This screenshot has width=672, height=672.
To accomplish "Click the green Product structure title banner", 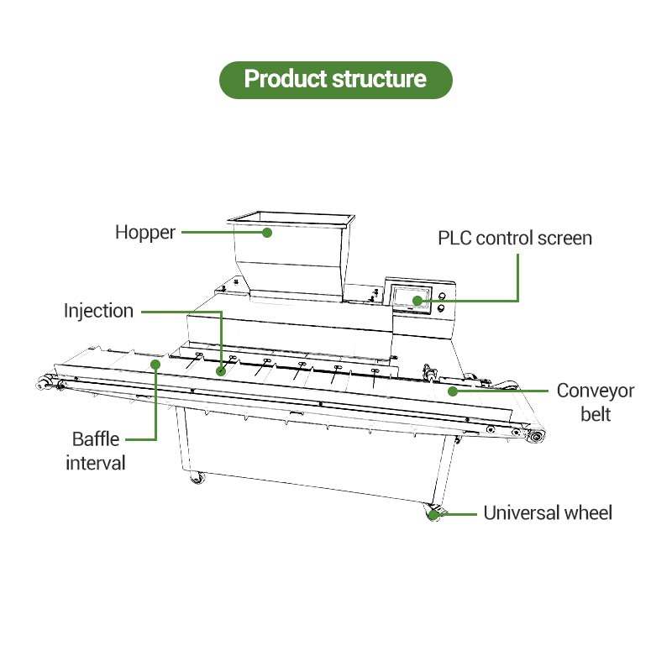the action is click(335, 80).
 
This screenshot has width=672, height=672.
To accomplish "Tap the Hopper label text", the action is click(145, 233).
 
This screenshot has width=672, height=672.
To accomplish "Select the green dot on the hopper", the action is click(267, 233).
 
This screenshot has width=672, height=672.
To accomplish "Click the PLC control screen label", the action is click(515, 239).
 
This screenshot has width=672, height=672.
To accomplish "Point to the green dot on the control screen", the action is click(417, 301).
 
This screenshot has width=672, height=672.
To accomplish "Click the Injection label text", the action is click(98, 311).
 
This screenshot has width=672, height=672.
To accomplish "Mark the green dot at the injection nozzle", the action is click(221, 370).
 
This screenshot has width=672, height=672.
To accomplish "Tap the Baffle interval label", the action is click(96, 451).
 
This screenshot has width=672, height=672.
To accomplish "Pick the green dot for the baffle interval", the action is click(155, 365).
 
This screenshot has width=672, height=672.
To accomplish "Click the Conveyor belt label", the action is click(596, 402).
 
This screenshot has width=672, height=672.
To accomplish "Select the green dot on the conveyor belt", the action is click(452, 391).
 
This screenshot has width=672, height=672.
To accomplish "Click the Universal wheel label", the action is click(548, 512).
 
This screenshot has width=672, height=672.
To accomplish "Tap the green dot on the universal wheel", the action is click(433, 514).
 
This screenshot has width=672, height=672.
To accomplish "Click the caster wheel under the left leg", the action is click(197, 477).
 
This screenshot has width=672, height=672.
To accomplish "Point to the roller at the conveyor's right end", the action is click(536, 437).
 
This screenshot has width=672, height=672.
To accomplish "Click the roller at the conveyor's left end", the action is click(42, 383).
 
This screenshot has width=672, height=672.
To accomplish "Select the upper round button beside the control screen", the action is click(442, 296).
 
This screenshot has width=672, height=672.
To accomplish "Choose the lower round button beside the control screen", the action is click(440, 308).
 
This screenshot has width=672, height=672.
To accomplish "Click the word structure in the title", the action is click(380, 79).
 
